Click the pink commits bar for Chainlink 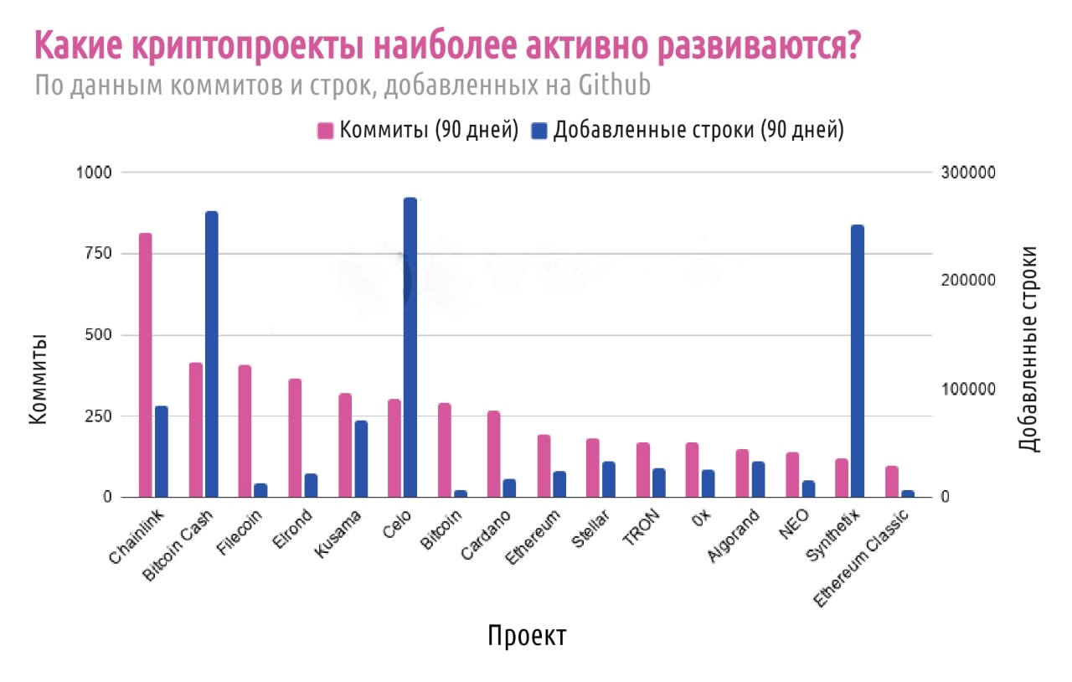(146, 364)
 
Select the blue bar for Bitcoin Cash (211, 354)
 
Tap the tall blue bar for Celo (410, 348)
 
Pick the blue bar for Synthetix (857, 361)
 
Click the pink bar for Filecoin (245, 431)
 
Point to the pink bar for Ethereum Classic (891, 482)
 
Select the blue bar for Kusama (361, 459)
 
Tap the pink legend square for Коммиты (326, 131)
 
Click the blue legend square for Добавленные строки (540, 131)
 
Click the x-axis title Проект (527, 635)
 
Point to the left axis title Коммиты (38, 379)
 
